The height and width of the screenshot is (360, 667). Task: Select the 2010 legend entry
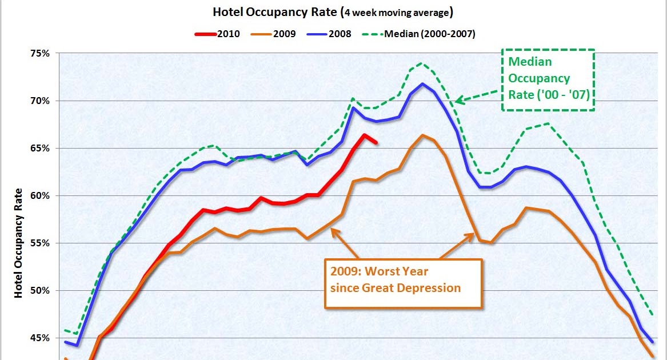click(226, 34)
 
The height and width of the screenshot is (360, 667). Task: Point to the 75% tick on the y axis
click(41, 54)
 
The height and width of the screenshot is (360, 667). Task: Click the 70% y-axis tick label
click(41, 101)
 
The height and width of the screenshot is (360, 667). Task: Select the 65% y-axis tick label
click(41, 149)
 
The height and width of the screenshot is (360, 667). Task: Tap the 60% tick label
click(41, 196)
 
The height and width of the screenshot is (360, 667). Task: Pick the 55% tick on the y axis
click(41, 243)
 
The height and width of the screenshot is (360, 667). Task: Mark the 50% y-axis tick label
click(41, 291)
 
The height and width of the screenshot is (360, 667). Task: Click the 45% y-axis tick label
click(41, 338)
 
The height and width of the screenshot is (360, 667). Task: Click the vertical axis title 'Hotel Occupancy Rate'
click(18, 243)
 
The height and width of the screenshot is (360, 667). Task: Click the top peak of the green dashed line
click(422, 63)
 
